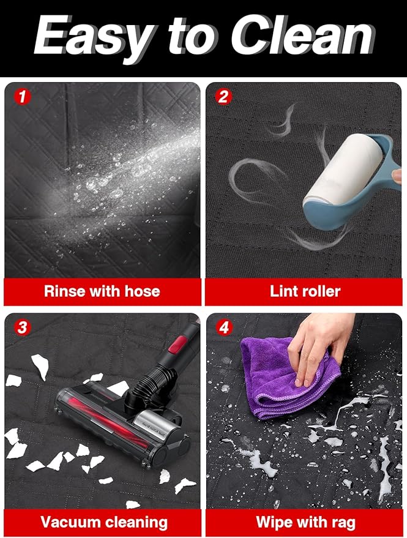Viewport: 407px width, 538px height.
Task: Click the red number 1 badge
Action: click(x=22, y=97)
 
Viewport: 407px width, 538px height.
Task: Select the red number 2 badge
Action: click(x=223, y=97)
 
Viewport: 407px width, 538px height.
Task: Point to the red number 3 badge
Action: click(x=22, y=327)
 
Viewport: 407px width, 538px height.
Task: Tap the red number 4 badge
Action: click(x=224, y=327)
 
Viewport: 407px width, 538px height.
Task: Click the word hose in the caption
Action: click(x=142, y=291)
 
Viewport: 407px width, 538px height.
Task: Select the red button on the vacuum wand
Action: click(x=177, y=345)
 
